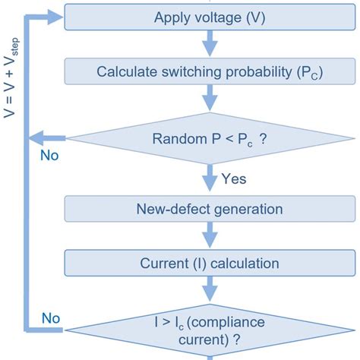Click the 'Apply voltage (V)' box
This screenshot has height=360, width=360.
pyautogui.click(x=210, y=17)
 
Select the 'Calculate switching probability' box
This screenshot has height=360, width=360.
pyautogui.click(x=210, y=72)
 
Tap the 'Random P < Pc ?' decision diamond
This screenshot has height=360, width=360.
pyautogui.click(x=210, y=137)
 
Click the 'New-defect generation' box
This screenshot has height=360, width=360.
pyautogui.click(x=210, y=208)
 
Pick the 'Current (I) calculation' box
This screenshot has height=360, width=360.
pyautogui.click(x=210, y=264)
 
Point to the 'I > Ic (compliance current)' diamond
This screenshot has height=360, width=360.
pyautogui.click(x=210, y=329)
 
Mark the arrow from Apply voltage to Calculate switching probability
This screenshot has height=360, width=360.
pyautogui.click(x=210, y=44)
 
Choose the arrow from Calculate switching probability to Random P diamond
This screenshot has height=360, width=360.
pyautogui.click(x=210, y=99)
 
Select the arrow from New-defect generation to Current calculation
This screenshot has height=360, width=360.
pyautogui.click(x=210, y=236)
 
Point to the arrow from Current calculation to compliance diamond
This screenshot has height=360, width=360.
pyautogui.click(x=210, y=292)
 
